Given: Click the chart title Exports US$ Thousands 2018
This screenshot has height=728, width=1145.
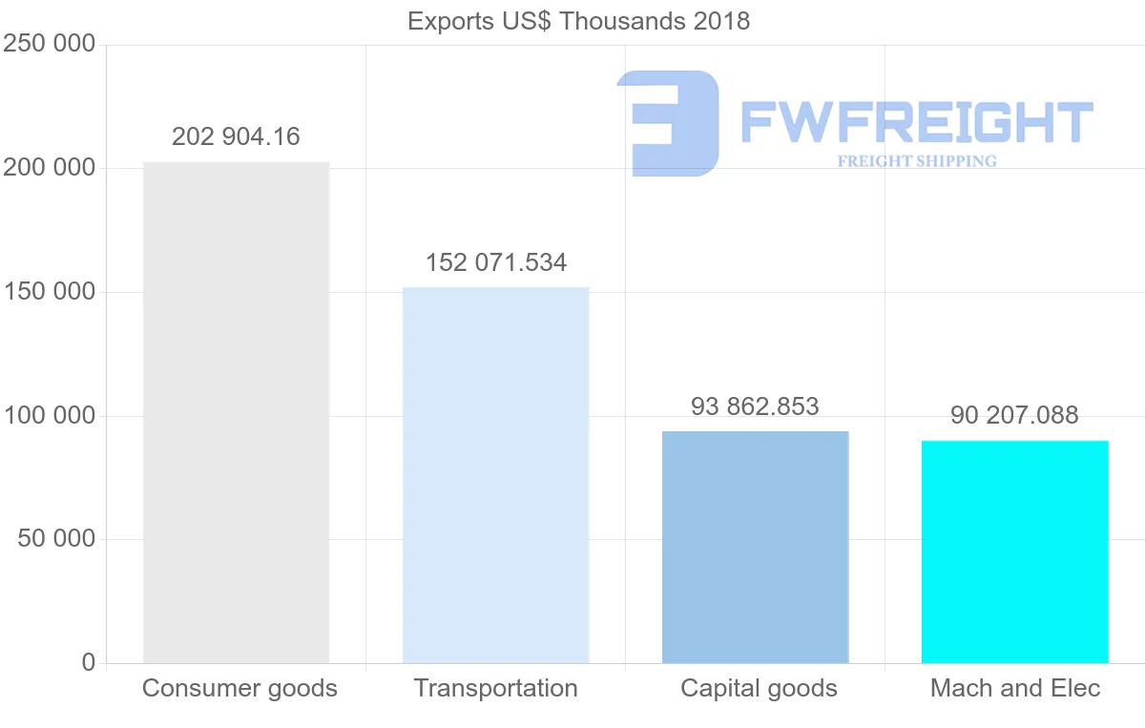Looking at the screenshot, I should (578, 21).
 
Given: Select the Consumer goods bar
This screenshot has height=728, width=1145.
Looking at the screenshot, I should (236, 412).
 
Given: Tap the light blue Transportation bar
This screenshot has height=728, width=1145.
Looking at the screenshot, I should (495, 475).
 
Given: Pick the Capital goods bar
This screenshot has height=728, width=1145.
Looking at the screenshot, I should (755, 547).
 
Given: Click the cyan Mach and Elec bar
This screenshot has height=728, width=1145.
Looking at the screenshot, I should (1014, 551).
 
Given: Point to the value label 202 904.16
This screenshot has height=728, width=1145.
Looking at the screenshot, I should (236, 137).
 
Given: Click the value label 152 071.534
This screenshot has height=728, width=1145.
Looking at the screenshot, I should (495, 262).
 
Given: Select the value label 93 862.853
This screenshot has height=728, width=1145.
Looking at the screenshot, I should (755, 407).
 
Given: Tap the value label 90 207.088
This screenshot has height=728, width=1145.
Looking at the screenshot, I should (1014, 416).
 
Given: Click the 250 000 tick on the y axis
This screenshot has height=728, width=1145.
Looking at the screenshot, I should (49, 45).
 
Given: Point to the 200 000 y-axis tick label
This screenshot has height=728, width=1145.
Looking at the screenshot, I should (49, 169).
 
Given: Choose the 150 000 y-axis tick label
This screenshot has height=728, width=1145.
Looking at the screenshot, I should (49, 292).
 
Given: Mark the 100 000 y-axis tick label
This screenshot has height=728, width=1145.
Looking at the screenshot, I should (49, 416).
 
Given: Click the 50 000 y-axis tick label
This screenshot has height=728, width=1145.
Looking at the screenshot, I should (56, 539).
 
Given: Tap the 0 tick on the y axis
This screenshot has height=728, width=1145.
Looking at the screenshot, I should (89, 662).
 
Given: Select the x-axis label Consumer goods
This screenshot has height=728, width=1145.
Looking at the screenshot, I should (239, 688).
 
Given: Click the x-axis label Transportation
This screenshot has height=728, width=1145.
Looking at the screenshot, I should (495, 688).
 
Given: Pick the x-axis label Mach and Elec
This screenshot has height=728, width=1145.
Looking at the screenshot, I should (1015, 688).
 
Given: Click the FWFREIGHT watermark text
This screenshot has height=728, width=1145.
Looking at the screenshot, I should (916, 123).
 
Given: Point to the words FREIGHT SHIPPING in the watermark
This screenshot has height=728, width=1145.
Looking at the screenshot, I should (917, 161).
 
